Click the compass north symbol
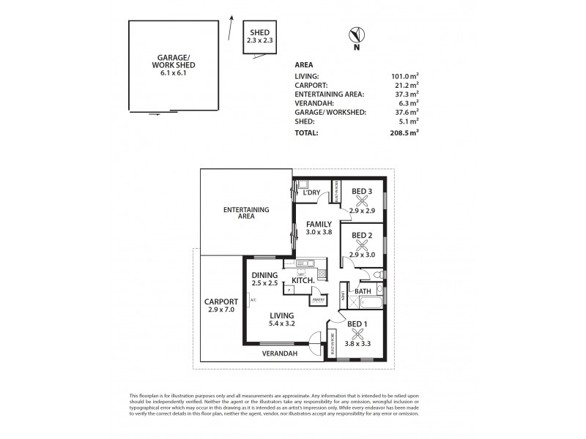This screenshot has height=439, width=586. coord(357,35)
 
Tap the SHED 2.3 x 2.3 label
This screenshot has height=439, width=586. coord(260,36)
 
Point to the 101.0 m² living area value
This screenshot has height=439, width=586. coord(405,75)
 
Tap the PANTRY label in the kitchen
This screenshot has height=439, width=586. coord(318,299)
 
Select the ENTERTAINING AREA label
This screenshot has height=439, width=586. coord(246,214)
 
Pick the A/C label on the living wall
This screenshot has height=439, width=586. coord(252,300)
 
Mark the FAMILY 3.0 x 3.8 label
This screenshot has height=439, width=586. coord(319,228)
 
